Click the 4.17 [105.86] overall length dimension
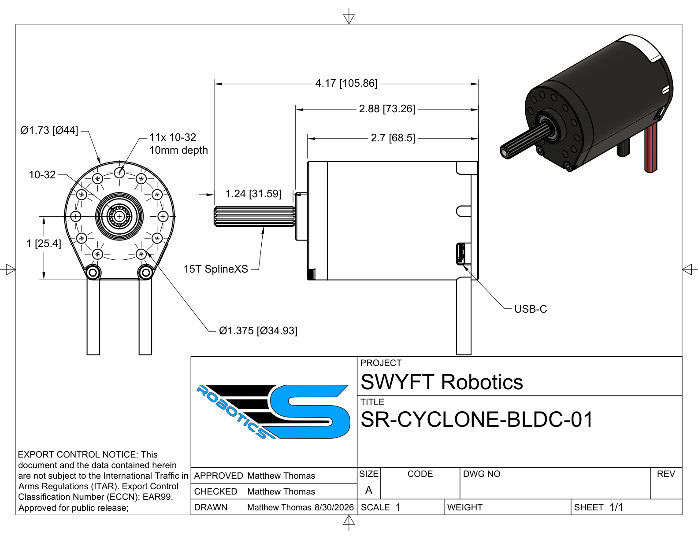(346, 84)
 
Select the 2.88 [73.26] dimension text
(387, 109)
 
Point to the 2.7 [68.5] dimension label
(393, 138)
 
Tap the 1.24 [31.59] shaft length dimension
(253, 194)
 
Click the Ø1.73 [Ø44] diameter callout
(49, 130)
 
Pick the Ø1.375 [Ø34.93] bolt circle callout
(258, 331)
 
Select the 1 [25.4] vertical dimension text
(44, 244)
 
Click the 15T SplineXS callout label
(216, 269)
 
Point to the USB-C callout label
(531, 309)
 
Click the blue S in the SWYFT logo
(310, 412)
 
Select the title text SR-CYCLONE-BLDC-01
(477, 420)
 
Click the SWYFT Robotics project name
(442, 382)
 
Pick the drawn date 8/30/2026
(334, 507)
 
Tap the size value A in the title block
(369, 490)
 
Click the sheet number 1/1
(616, 507)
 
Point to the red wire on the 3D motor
(650, 148)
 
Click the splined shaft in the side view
(254, 216)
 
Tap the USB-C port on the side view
(460, 254)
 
